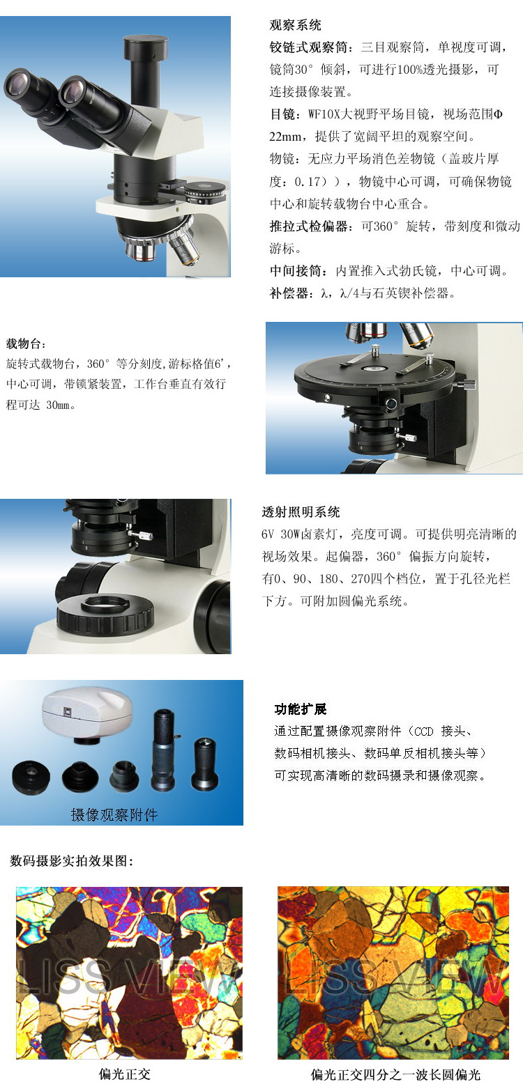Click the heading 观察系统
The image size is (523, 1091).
click(296, 25)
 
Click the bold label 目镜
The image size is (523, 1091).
click(282, 114)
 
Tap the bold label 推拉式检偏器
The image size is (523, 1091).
click(308, 226)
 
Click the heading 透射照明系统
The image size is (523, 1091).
click(301, 512)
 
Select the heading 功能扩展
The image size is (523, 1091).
click(301, 709)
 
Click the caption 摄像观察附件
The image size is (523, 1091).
click(114, 814)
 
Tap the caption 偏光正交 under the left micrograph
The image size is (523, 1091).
click(124, 1074)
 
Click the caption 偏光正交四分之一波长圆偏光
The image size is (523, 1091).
click(396, 1075)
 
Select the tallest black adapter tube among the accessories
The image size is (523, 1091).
click(164, 750)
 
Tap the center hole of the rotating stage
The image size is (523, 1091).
click(375, 370)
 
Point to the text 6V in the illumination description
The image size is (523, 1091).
click(268, 534)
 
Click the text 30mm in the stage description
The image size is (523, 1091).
click(58, 405)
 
